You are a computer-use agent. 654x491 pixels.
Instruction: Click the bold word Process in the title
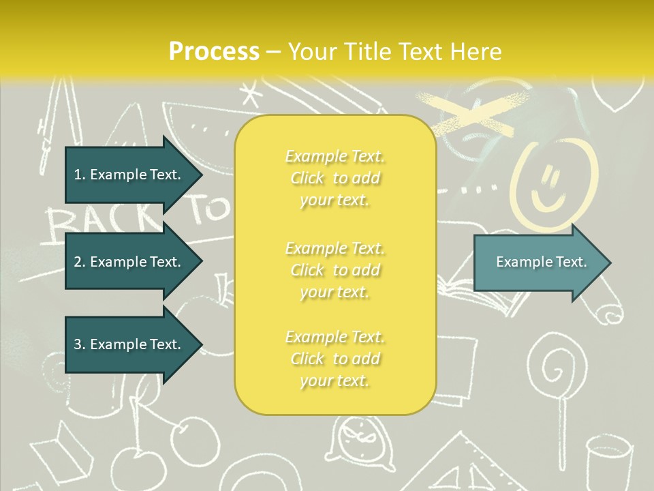[x=214, y=51]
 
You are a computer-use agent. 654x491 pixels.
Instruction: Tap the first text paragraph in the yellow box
[x=334, y=178]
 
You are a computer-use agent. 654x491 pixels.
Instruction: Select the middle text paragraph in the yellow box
[x=334, y=270]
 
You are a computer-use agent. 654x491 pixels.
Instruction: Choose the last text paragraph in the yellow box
[x=334, y=359]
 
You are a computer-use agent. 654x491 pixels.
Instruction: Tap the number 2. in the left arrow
[x=79, y=262]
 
